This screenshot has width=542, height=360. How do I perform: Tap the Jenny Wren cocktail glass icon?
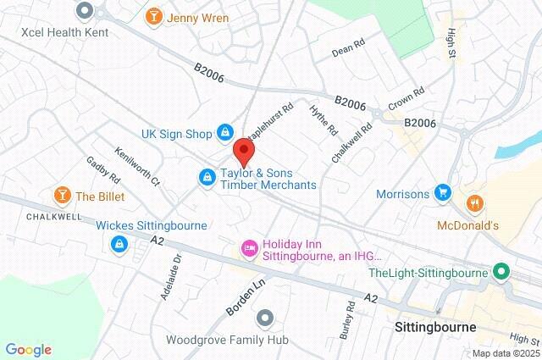point(153,15)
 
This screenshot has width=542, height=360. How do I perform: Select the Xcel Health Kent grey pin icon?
point(84,10)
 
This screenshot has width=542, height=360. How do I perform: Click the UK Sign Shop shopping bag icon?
point(225,132)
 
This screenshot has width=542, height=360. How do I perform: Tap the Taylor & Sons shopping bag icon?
point(206,177)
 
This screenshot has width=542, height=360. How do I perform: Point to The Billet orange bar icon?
point(61,197)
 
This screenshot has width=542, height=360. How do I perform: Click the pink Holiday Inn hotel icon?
point(250,248)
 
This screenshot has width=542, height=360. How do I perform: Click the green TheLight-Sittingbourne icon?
point(501,273)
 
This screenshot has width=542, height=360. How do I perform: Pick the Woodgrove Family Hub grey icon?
point(265,318)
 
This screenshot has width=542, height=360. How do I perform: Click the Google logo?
point(28,349)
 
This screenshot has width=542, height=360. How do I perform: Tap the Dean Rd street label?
point(346,51)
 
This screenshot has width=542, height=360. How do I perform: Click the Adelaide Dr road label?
point(171,279)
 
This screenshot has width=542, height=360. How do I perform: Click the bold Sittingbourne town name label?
point(436,326)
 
